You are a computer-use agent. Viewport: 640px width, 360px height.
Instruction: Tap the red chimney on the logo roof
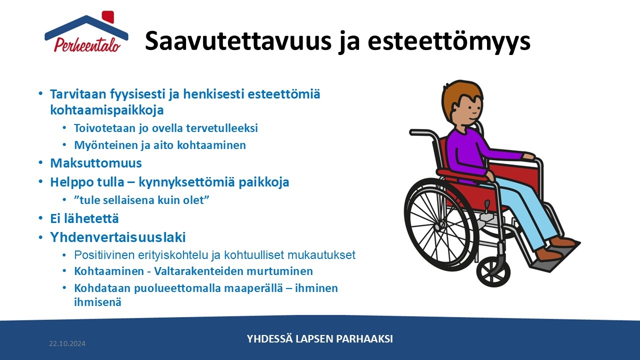click(108, 16)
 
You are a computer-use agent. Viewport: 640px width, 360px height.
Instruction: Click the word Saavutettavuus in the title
click(238, 40)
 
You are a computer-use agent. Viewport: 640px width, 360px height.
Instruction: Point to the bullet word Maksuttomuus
click(96, 163)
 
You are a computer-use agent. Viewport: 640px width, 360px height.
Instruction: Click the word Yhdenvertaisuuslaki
click(118, 237)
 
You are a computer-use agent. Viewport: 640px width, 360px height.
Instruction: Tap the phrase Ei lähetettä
click(84, 218)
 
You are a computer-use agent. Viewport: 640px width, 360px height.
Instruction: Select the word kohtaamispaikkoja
click(107, 110)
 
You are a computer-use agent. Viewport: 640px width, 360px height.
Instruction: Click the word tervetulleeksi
click(222, 128)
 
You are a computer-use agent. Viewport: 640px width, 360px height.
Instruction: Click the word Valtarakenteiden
click(198, 271)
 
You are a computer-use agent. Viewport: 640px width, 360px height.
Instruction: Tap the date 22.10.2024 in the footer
click(67, 343)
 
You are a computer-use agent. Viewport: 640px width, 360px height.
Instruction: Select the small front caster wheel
click(493, 271)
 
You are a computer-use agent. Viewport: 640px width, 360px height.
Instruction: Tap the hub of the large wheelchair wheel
click(437, 227)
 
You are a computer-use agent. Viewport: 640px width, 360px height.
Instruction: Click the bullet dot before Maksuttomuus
click(40, 163)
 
